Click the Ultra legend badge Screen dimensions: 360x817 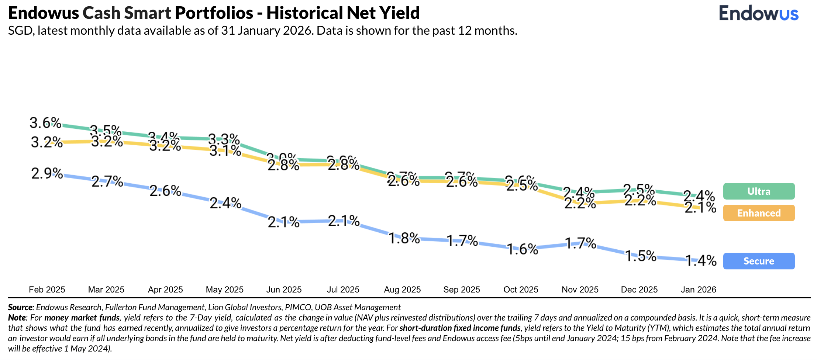coord(759,191)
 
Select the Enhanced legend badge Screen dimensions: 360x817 coord(759,213)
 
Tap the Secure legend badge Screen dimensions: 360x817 coord(759,261)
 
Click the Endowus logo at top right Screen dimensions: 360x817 coord(758,14)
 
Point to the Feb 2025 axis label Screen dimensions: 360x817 coord(47,290)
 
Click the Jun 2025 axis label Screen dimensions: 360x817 coord(284,290)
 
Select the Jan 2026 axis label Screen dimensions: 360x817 coord(698,290)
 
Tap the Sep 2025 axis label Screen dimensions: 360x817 coord(461,290)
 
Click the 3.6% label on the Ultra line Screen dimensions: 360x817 coord(45,123)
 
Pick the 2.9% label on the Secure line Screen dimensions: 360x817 coord(47,173)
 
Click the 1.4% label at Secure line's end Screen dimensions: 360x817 coord(701,261)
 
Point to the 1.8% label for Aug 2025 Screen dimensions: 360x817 coord(404,239)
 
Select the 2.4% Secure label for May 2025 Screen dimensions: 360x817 coord(225,203)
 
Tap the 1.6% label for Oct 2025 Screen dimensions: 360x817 coord(522,249)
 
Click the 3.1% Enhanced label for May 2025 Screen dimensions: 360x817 coord(225,150)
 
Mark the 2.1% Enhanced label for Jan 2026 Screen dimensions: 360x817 coord(700,208)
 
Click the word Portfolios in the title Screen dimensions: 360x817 coord(214,13)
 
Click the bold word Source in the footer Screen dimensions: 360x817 coord(20,307)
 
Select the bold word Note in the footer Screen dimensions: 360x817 coord(17,318)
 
